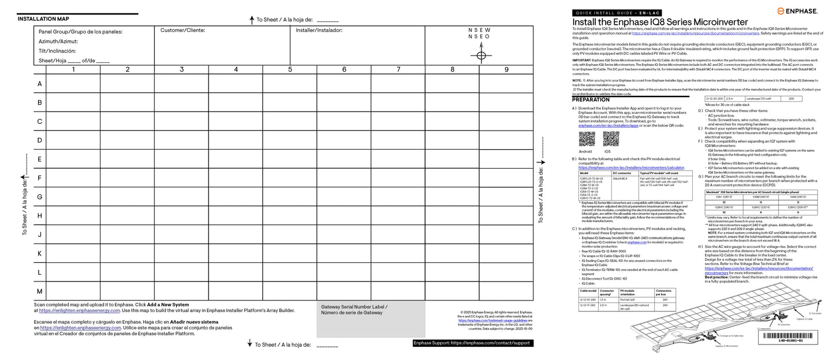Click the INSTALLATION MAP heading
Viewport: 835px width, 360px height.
[43, 19]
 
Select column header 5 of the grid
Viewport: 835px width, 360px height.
[290, 70]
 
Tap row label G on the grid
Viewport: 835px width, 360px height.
[39, 197]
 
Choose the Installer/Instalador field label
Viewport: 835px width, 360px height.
[319, 30]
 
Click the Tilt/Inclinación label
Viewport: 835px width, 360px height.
[57, 51]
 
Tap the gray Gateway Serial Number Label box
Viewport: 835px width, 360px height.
[370, 318]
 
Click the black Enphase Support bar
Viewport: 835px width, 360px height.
[472, 343]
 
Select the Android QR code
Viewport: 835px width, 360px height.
[587, 139]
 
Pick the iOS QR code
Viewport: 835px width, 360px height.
[611, 139]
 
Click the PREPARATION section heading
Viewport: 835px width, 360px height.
[591, 100]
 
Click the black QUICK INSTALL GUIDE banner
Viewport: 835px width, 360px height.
[616, 13]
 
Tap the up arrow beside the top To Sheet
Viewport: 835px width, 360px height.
[252, 20]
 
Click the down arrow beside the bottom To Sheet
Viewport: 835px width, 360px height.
[250, 344]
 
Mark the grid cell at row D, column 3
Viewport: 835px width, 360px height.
[181, 140]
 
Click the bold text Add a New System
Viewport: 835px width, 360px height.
[168, 304]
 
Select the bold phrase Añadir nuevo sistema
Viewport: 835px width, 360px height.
[194, 322]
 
